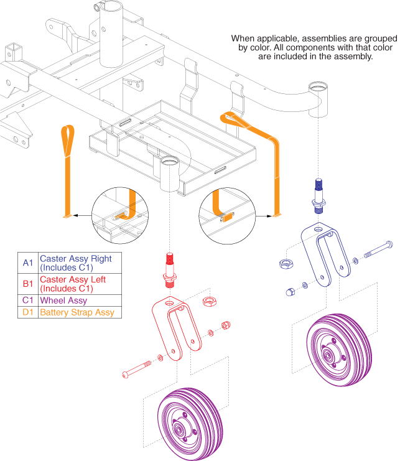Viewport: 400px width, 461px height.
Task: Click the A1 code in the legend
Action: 27,263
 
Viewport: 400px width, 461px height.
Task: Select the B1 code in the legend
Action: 27,284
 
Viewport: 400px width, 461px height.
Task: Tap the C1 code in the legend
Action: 27,300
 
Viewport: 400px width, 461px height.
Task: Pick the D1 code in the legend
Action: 27,312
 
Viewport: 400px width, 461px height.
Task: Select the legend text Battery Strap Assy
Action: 77,312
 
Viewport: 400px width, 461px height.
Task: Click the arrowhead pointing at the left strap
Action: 67,217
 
